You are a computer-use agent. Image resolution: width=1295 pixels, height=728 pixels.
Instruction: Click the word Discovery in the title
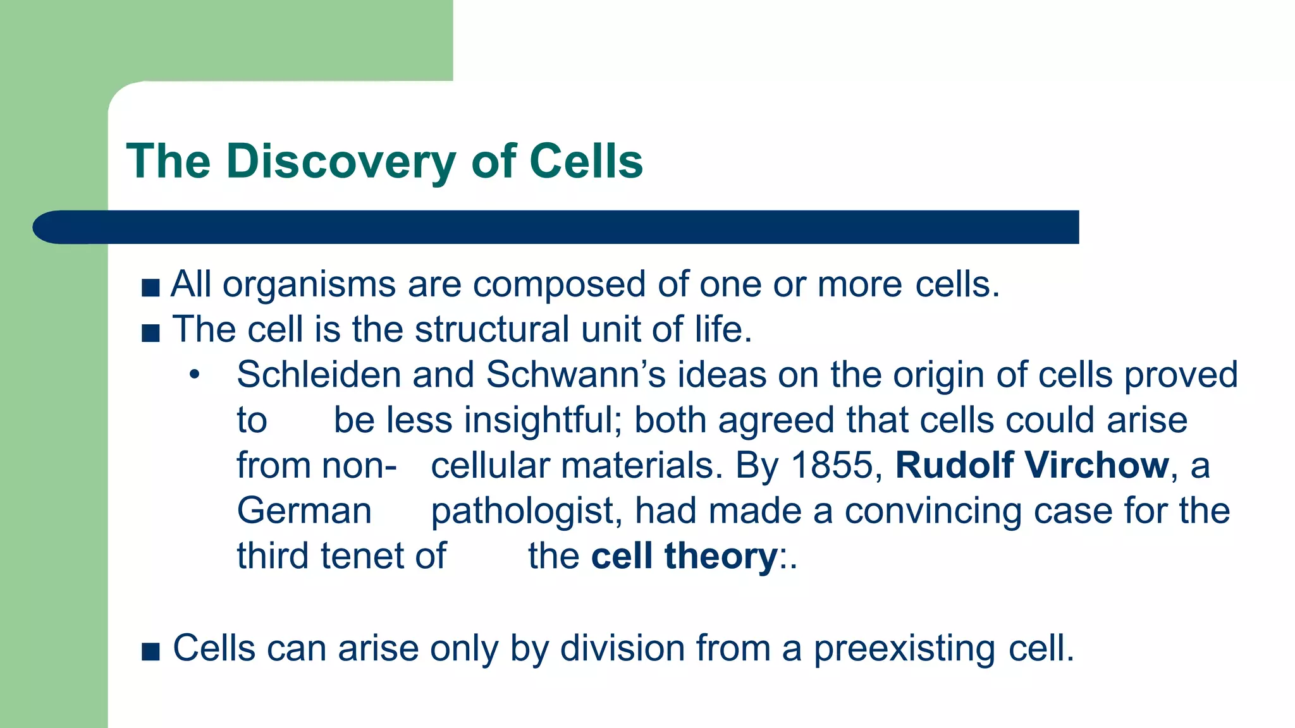pos(341,161)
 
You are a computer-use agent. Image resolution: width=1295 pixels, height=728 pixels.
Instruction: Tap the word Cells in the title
pos(586,161)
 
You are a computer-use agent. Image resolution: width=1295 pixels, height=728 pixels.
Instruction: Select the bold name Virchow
pos(1096,466)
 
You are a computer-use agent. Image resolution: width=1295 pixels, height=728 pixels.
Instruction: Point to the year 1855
pos(832,466)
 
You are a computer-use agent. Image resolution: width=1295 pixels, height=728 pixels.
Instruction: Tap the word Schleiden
pos(319,375)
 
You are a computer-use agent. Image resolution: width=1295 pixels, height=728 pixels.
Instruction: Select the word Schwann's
pos(575,375)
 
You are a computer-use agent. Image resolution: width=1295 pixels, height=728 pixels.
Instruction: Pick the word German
pos(304,511)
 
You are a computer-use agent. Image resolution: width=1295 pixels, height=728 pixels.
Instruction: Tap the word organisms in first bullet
pos(309,284)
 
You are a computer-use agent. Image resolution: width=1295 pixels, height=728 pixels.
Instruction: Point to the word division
pos(622,649)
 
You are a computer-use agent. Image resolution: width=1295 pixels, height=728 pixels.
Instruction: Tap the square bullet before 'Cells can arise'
pos(150,652)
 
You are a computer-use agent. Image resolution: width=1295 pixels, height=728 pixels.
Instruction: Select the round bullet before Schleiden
pos(194,375)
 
